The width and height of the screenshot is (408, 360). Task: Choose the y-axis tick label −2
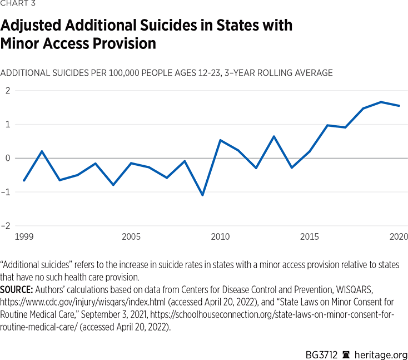tap(7, 226)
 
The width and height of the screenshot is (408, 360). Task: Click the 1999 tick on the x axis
tap(24, 237)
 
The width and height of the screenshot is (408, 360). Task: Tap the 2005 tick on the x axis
tap(131, 237)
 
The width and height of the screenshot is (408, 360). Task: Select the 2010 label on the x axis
tap(220, 237)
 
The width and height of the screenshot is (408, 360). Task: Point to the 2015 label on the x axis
tap(310, 237)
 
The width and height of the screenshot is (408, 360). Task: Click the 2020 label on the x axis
tap(399, 237)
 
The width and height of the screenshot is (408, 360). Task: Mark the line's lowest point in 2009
tap(202, 195)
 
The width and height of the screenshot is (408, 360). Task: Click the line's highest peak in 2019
tap(381, 102)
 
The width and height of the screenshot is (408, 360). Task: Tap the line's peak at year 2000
tap(42, 151)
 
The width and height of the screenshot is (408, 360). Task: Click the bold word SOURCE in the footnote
tap(18, 290)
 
